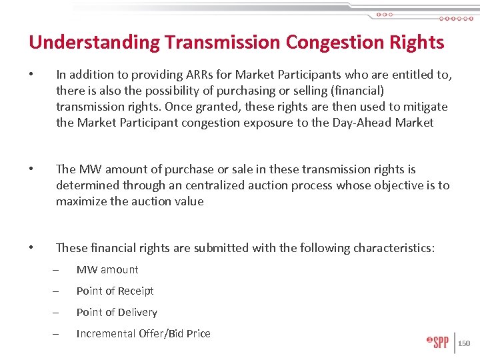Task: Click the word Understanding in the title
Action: pyautogui.click(x=94, y=43)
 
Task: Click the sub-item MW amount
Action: pyautogui.click(x=107, y=269)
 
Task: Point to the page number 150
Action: pyautogui.click(x=464, y=343)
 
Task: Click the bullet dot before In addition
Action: pyautogui.click(x=32, y=75)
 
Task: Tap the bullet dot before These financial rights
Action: pyautogui.click(x=32, y=248)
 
